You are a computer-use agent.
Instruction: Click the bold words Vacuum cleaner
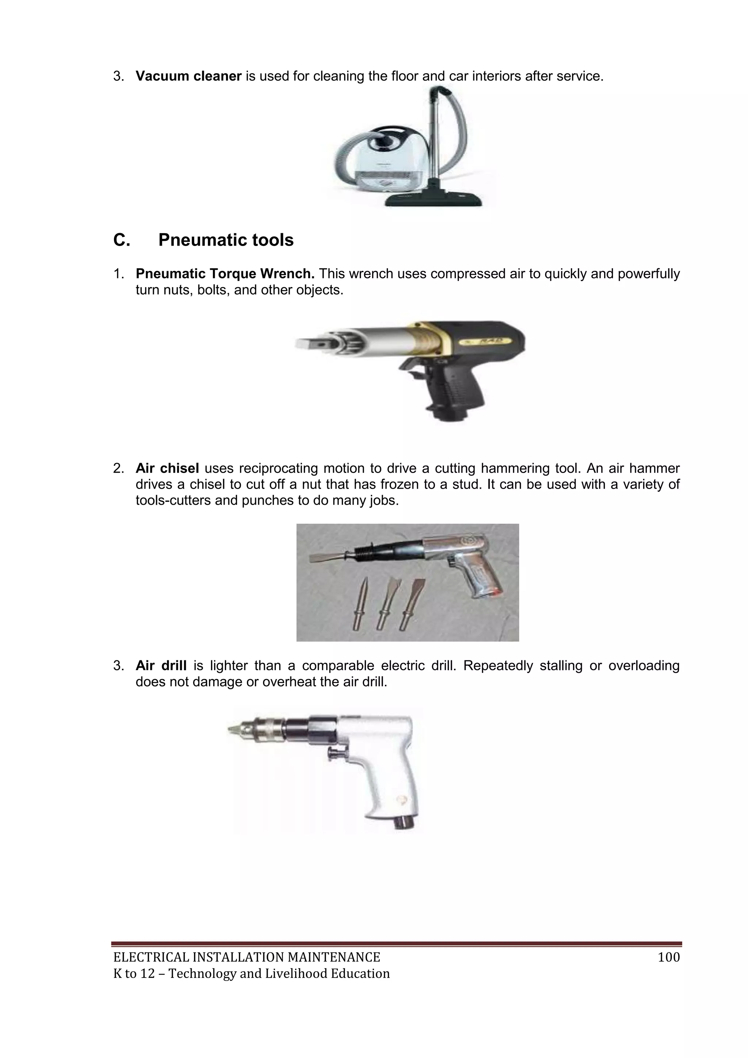(188, 76)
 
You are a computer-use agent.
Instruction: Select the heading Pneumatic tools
(226, 240)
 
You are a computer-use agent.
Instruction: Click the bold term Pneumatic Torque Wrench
(225, 274)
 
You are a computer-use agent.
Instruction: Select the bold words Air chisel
(167, 468)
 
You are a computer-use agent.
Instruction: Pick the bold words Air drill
(161, 665)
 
